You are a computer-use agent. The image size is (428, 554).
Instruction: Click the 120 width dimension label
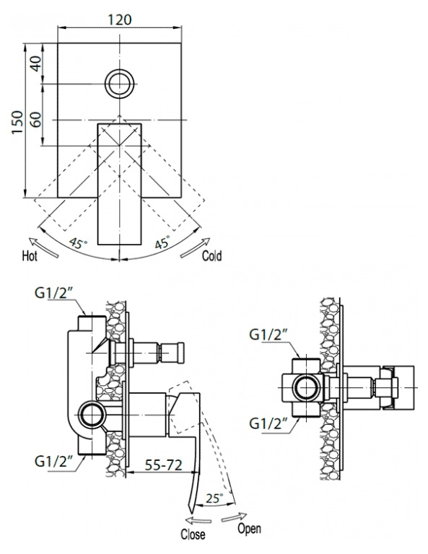pyautogui.click(x=120, y=19)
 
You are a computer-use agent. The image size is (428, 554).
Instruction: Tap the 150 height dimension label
pyautogui.click(x=17, y=122)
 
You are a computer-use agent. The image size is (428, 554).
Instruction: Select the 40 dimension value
pyautogui.click(x=35, y=63)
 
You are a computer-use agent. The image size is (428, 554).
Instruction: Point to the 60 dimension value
pyautogui.click(x=35, y=120)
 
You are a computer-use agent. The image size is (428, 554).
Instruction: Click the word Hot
pyautogui.click(x=30, y=255)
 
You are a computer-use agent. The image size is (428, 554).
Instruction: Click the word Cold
pyautogui.click(x=211, y=255)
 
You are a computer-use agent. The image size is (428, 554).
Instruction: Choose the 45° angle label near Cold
pyautogui.click(x=162, y=242)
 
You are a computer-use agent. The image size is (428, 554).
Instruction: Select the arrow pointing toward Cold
pyautogui.click(x=195, y=247)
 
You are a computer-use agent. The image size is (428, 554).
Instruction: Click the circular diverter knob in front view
pyautogui.click(x=120, y=84)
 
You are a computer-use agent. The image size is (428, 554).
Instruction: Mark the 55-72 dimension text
pyautogui.click(x=164, y=465)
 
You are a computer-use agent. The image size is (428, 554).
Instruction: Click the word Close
pyautogui.click(x=193, y=535)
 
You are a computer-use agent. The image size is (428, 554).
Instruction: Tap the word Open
pyautogui.click(x=249, y=529)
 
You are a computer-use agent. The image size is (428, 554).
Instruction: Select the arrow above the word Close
pyautogui.click(x=198, y=520)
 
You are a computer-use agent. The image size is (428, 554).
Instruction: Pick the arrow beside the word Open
pyautogui.click(x=235, y=516)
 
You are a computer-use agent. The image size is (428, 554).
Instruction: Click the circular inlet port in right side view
pyautogui.click(x=307, y=388)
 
